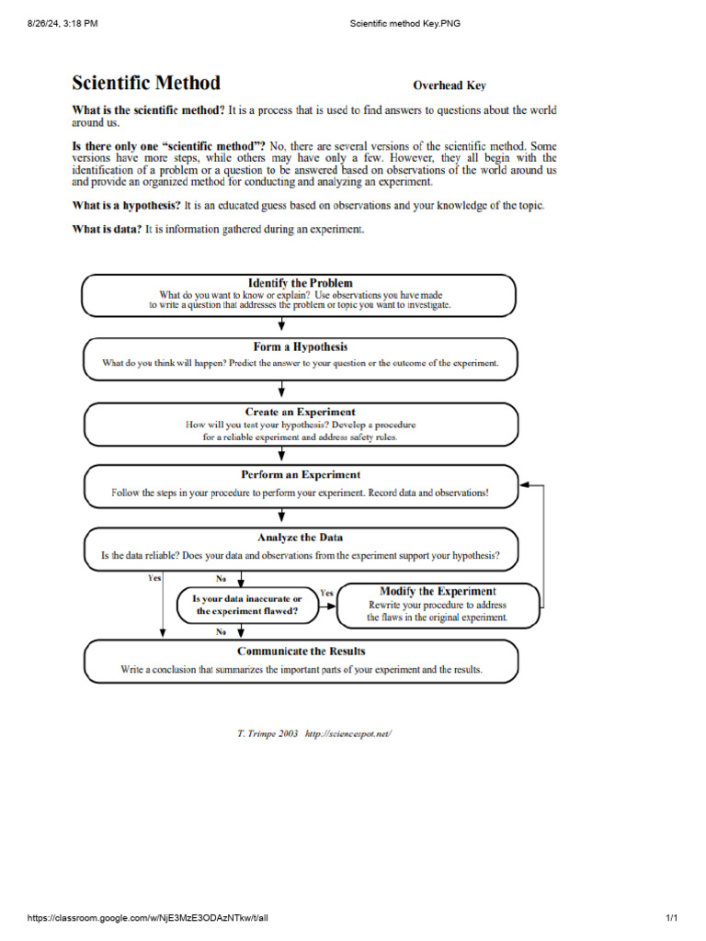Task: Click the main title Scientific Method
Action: pos(146,83)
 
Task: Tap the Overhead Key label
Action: pos(449,85)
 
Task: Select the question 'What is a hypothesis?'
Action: pos(126,205)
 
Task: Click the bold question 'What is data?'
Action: pos(107,229)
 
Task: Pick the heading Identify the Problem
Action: pos(300,283)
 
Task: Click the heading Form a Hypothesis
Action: pos(300,347)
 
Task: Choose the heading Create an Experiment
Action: pos(300,412)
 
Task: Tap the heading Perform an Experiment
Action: pos(300,475)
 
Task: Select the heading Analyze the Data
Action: pos(300,538)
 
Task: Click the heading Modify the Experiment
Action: pos(438,591)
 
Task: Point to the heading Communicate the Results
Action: pos(300,652)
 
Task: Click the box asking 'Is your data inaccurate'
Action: pos(246,605)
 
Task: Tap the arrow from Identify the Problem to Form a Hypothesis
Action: pos(281,325)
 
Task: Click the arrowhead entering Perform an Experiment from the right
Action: pos(524,484)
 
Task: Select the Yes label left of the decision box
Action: pos(154,578)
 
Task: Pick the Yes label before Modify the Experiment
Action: pos(326,593)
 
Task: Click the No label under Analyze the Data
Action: pos(222,579)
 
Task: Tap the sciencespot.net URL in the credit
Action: pos(353,734)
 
